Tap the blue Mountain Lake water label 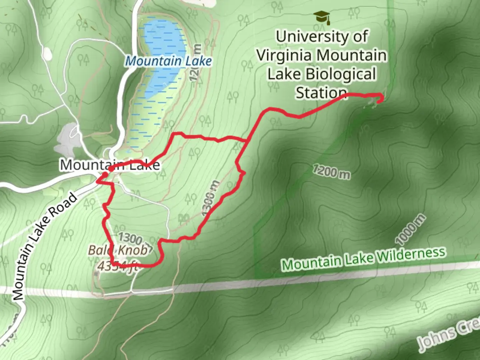(x=169, y=61)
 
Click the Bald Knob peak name (x=118, y=250)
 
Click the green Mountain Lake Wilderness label (x=363, y=259)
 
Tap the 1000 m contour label (x=410, y=230)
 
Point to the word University (x=322, y=36)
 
